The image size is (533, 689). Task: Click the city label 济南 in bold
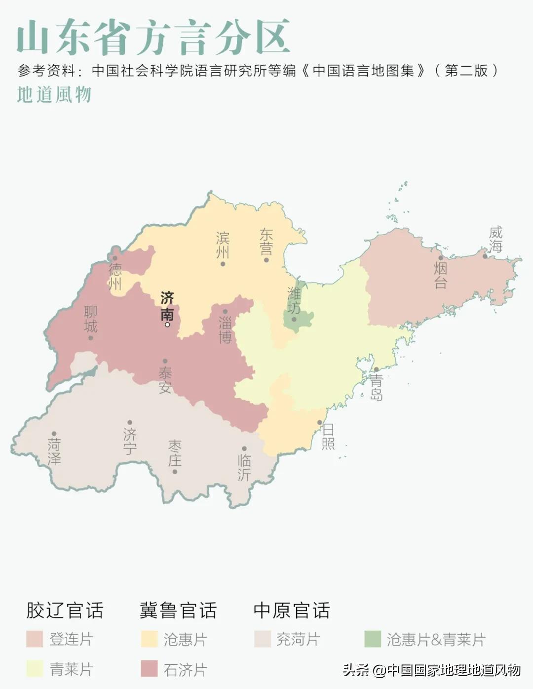click(x=167, y=306)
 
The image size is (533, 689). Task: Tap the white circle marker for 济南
click(x=167, y=324)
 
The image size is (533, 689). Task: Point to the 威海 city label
click(x=495, y=239)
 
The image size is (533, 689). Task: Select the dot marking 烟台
click(x=441, y=258)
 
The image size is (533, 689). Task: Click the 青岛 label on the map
click(x=376, y=387)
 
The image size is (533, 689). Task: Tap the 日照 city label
click(x=328, y=436)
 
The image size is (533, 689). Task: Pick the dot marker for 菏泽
click(x=54, y=434)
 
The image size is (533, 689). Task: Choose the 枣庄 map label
click(x=175, y=453)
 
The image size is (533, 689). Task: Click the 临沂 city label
click(x=244, y=467)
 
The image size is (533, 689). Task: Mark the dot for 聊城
click(x=91, y=338)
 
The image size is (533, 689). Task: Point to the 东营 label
click(x=266, y=241)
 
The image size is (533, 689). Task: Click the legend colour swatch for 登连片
click(x=35, y=639)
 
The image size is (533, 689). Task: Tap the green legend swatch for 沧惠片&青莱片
click(x=373, y=639)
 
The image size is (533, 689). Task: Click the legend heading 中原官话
click(x=291, y=610)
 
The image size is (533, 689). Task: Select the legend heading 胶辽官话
click(x=64, y=610)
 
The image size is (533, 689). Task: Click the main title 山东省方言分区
click(x=153, y=37)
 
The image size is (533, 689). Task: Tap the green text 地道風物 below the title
click(x=54, y=94)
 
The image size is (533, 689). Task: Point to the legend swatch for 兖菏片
click(x=263, y=639)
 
